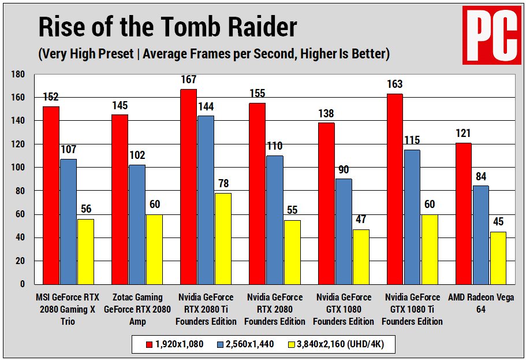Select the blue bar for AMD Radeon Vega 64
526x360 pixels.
point(480,235)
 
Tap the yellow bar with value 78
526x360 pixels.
point(223,238)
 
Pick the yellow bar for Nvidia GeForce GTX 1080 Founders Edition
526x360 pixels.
point(361,257)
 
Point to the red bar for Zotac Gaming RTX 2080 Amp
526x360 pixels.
point(120,199)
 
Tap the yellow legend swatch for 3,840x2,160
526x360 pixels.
point(290,345)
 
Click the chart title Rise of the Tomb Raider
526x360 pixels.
point(167,27)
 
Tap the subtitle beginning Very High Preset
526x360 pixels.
point(214,54)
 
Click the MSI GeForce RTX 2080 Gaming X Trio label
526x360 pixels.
point(68,309)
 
